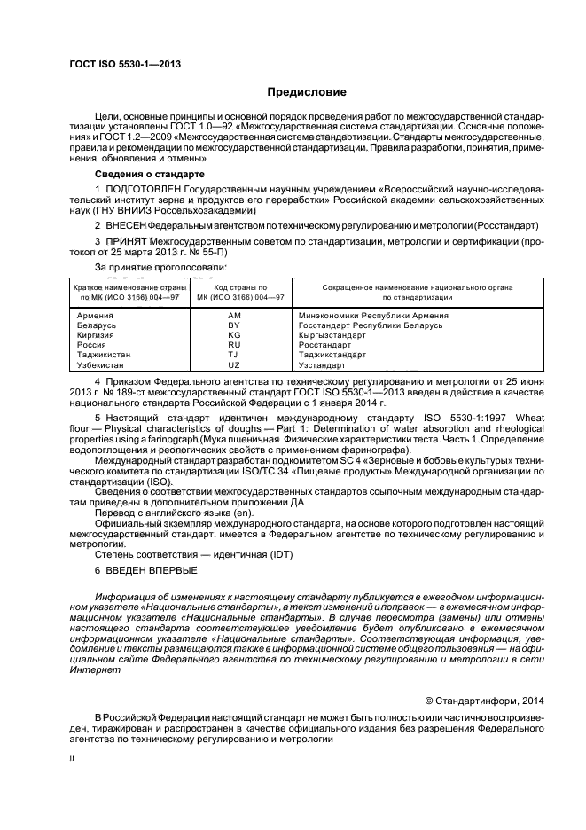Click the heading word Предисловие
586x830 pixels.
point(307,92)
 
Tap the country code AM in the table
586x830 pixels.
point(234,315)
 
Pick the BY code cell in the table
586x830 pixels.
point(234,325)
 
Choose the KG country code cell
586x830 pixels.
point(234,335)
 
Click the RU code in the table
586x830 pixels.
point(234,345)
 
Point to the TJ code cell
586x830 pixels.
point(234,355)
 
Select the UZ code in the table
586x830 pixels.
point(234,364)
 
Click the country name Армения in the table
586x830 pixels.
point(95,315)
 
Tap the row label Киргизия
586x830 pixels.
point(96,335)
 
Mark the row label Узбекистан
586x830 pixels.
point(100,364)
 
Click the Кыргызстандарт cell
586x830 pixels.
point(332,335)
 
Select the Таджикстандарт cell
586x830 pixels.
point(334,355)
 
